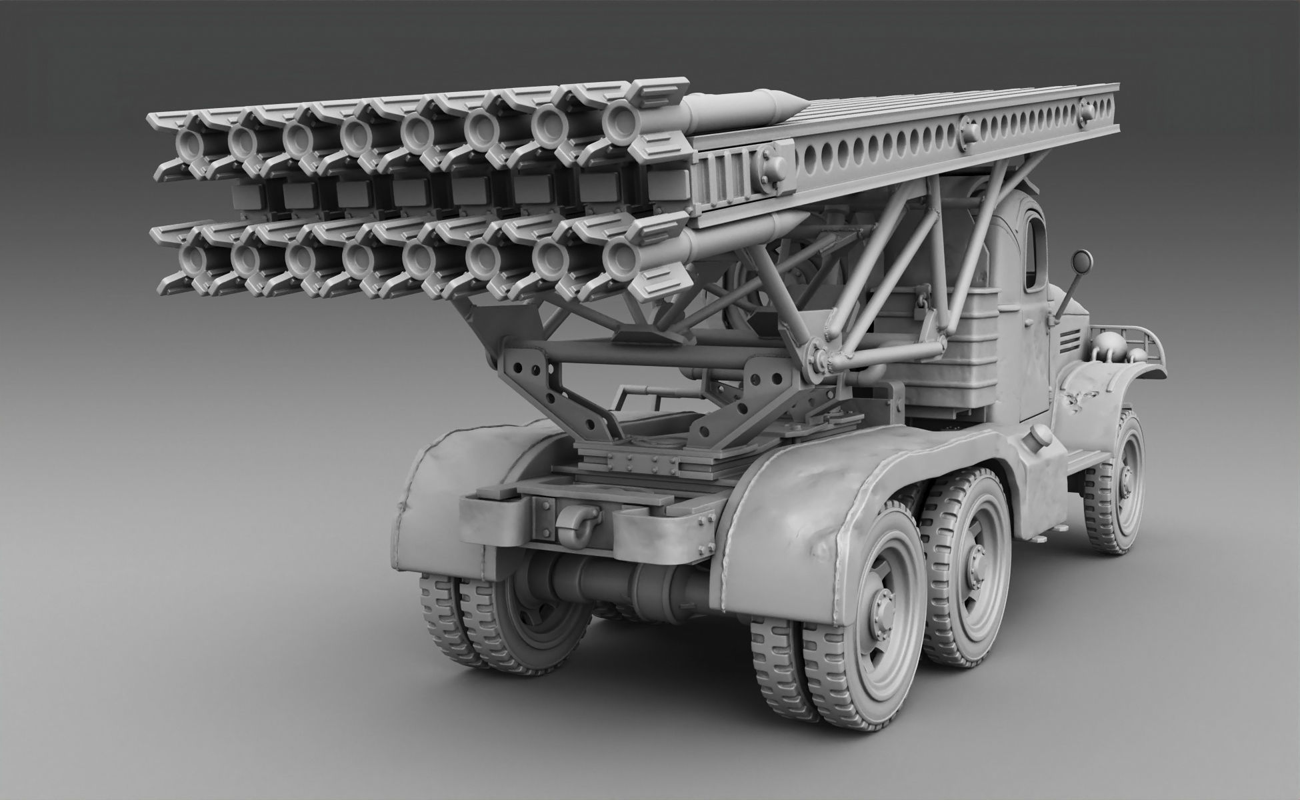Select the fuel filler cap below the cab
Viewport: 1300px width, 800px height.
(x=1037, y=434)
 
